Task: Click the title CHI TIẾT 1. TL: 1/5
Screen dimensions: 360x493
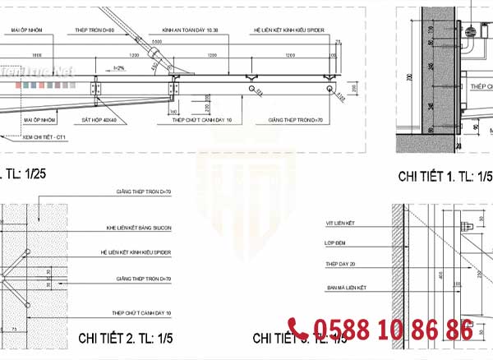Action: point(441,176)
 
